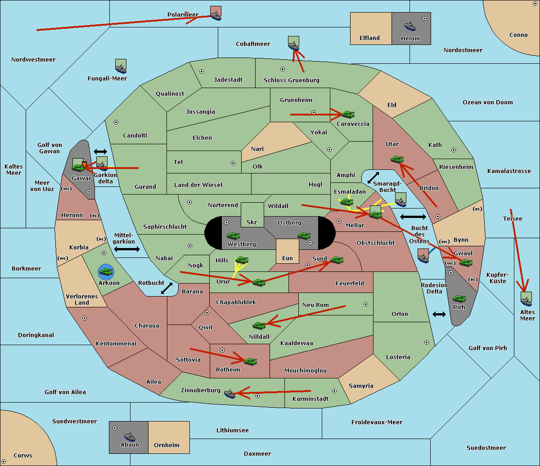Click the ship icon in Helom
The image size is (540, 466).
pyautogui.click(x=410, y=26)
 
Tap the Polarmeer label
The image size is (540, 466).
pyautogui.click(x=183, y=15)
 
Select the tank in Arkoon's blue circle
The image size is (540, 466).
pyautogui.click(x=106, y=272)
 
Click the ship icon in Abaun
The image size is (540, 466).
pyautogui.click(x=130, y=436)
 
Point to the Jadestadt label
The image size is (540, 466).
pyautogui.click(x=228, y=80)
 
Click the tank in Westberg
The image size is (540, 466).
pyautogui.click(x=233, y=236)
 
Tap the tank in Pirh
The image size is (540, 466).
pyautogui.click(x=459, y=298)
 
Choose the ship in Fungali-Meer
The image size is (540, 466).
pyautogui.click(x=121, y=69)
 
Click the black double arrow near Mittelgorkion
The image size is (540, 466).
pyautogui.click(x=127, y=249)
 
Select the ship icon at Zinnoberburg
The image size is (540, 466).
pyautogui.click(x=230, y=394)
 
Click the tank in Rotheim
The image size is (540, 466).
pyautogui.click(x=250, y=362)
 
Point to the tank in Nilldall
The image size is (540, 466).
pyautogui.click(x=259, y=326)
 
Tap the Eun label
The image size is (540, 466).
pyautogui.click(x=288, y=258)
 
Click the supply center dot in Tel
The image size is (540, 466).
pyautogui.click(x=233, y=163)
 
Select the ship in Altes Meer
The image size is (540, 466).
pyautogui.click(x=526, y=301)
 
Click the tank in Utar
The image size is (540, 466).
pyautogui.click(x=397, y=159)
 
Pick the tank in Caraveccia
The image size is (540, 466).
pyautogui.click(x=348, y=114)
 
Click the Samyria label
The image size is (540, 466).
pyautogui.click(x=361, y=386)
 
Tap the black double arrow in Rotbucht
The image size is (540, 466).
pyautogui.click(x=167, y=288)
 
